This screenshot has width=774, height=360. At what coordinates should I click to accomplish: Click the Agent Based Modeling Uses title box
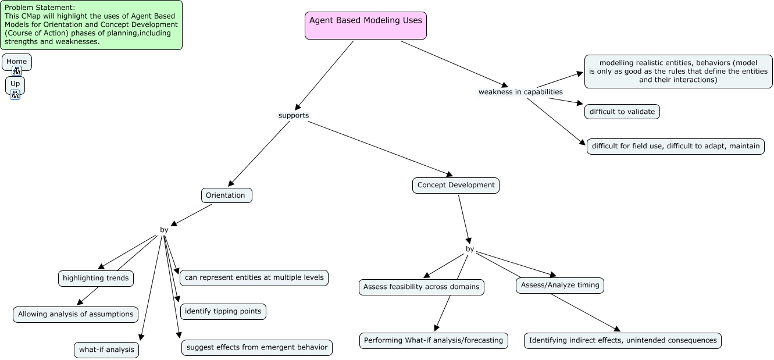365,26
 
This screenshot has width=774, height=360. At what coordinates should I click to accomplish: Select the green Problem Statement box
91,25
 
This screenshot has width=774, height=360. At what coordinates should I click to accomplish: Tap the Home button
17,62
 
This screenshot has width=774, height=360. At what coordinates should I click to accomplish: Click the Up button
15,84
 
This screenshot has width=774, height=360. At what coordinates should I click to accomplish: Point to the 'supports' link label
294,115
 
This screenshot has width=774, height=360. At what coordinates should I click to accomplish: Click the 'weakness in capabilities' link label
520,92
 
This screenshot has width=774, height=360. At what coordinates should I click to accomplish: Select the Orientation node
226,195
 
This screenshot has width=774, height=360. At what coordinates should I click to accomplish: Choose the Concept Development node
456,186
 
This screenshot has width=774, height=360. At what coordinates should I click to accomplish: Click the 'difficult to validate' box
622,112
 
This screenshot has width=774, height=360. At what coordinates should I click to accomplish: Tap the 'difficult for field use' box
675,146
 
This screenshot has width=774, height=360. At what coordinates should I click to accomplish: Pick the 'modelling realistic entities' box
678,72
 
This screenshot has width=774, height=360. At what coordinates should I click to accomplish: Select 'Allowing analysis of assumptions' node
76,315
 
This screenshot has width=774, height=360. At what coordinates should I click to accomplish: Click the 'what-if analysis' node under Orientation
106,350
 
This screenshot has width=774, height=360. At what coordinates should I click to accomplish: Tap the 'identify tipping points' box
223,312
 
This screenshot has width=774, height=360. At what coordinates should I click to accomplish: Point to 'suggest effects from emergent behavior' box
256,348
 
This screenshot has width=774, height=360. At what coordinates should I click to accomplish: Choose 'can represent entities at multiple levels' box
254,278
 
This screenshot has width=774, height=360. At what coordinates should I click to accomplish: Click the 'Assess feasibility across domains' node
421,287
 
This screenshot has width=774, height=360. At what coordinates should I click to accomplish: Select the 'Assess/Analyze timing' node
560,286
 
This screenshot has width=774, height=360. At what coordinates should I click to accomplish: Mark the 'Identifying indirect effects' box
623,341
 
